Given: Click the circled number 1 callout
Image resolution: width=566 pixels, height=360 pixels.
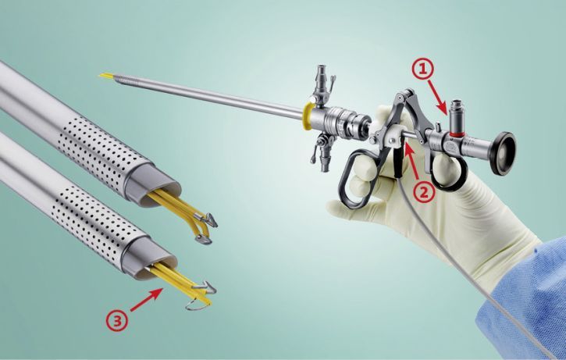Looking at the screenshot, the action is pos(422,69).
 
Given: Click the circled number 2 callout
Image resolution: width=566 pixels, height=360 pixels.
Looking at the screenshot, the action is pos(423,192).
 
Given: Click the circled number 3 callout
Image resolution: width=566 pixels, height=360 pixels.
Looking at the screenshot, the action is pos(116,320).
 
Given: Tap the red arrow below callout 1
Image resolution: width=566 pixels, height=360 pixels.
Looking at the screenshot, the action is pos(438,97).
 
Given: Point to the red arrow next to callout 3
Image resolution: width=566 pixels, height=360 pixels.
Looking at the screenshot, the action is pos(146,300).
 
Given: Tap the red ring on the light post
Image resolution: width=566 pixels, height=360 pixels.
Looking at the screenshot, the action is pos(457,134).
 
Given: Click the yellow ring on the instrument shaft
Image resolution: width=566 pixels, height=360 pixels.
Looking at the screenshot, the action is pos(308,116).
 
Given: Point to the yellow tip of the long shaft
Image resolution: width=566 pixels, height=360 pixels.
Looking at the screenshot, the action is pos(106,77).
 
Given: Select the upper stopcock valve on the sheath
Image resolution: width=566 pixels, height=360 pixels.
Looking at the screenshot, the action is pos(322,86).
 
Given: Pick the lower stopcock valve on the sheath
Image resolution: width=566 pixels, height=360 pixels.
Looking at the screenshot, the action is pos(322,151).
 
